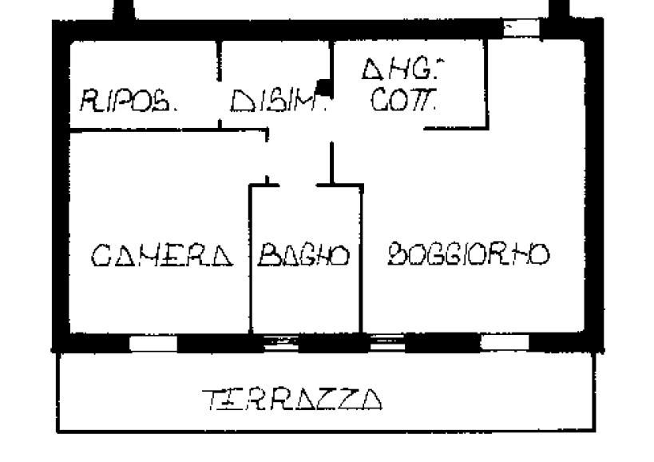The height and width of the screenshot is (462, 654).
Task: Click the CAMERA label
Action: point(161,256)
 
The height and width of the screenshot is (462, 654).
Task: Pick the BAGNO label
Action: point(304,256)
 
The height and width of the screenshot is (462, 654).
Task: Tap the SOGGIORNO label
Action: point(469,255)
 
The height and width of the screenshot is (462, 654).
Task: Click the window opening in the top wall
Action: point(520,29)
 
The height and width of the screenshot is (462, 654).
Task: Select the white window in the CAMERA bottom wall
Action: point(153,344)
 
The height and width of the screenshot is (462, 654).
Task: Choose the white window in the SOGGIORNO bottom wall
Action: point(504,343)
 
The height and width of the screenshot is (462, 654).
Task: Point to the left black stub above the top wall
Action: point(123,10)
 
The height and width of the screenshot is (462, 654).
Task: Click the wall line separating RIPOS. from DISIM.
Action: point(220,84)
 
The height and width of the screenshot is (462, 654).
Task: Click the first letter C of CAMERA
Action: point(101,256)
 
